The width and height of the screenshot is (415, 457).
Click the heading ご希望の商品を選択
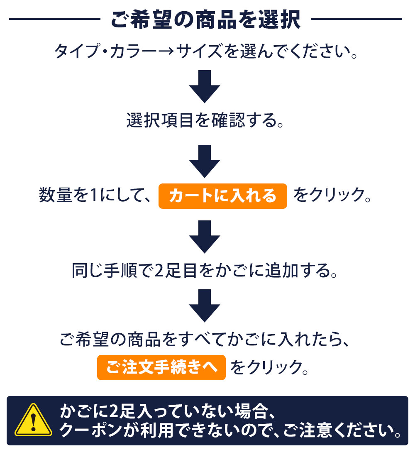point(205,20)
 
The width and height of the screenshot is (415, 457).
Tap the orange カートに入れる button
point(223,196)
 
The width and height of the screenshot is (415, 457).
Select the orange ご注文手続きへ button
point(161,367)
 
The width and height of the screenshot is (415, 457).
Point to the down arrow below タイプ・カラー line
point(204,86)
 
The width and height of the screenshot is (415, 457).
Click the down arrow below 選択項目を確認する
point(204,161)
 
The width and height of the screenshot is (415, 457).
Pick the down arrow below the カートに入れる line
point(204,237)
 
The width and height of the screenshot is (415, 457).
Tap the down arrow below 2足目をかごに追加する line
point(204,306)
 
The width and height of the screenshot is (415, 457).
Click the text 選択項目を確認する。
point(205,120)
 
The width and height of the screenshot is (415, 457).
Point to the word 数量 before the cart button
point(55,195)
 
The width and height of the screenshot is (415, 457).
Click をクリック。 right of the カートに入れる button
point(332,195)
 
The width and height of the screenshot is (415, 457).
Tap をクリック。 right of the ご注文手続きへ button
point(270,367)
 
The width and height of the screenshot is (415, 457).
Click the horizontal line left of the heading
point(55,19)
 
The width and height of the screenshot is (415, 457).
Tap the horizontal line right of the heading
point(356,19)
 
